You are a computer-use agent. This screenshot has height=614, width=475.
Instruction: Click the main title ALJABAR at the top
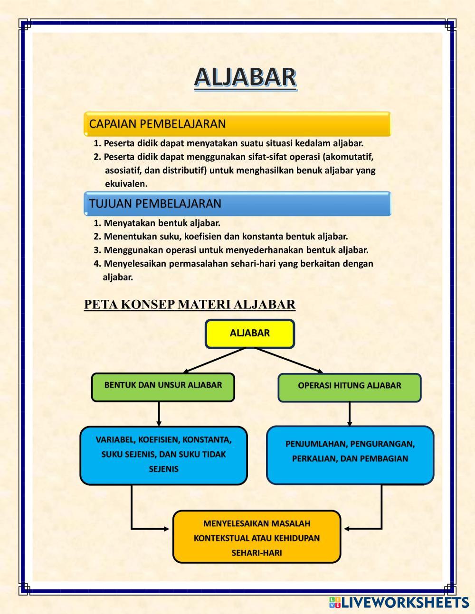point(245,78)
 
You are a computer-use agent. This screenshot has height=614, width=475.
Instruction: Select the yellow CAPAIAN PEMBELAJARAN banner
point(237,124)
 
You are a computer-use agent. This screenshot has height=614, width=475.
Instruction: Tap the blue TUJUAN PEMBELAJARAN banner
point(237,204)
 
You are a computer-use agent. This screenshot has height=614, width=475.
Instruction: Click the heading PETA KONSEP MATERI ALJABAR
point(190,305)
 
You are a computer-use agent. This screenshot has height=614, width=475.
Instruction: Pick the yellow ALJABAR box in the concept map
point(249,333)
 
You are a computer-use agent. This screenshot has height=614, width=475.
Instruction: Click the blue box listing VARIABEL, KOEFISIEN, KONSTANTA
point(163,455)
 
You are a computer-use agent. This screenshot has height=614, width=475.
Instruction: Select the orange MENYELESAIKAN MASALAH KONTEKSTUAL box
point(256,537)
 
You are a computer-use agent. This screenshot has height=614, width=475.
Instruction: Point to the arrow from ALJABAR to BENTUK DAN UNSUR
point(214,360)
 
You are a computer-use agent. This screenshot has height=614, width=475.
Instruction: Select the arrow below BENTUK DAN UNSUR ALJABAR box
point(159,414)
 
